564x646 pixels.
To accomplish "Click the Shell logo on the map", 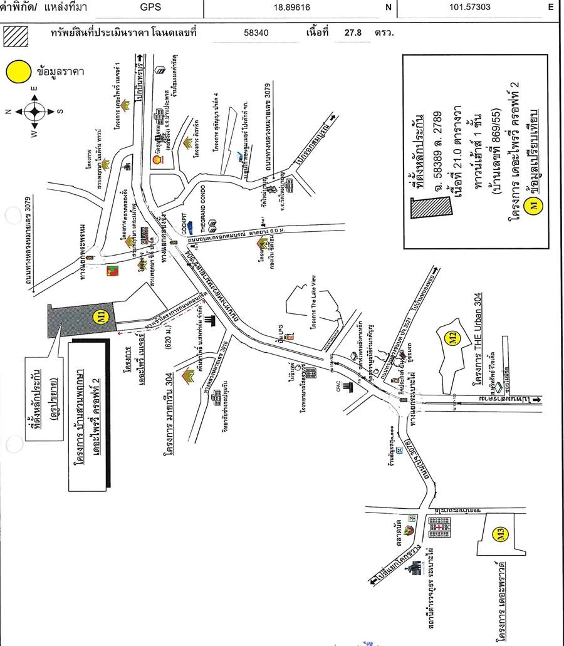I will (158, 160).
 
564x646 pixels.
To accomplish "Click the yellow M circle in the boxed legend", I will (534, 204).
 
